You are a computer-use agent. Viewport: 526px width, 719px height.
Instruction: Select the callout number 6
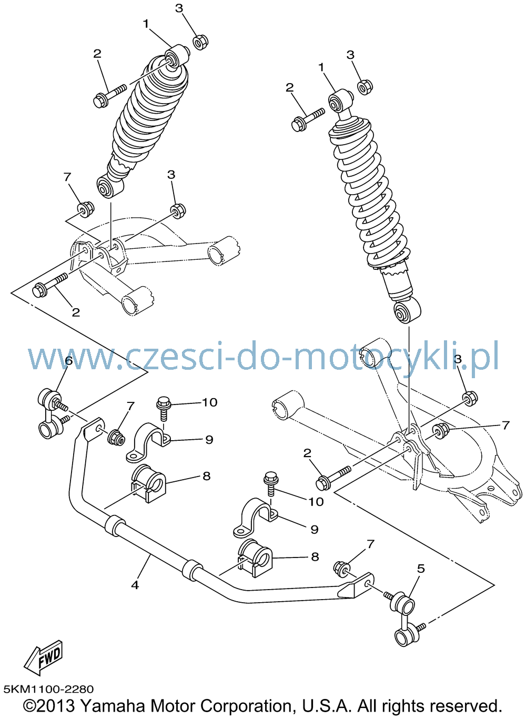(x=69, y=361)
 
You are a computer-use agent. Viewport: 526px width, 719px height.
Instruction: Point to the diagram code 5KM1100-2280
(x=49, y=689)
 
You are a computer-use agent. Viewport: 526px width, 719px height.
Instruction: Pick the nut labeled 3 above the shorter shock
(x=200, y=42)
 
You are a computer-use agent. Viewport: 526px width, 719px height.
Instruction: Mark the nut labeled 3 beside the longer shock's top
(x=365, y=87)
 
